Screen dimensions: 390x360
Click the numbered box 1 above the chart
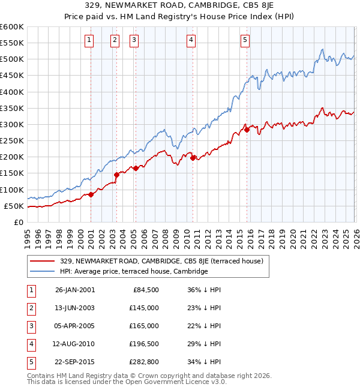pyautogui.click(x=89, y=40)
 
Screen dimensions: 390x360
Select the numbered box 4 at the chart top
pyautogui.click(x=191, y=40)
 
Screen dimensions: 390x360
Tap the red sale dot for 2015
pyautogui.click(x=247, y=130)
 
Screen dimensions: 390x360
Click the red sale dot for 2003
pyautogui.click(x=116, y=175)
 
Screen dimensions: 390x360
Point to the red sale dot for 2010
pyautogui.click(x=193, y=158)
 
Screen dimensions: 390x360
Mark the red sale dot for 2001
pyautogui.click(x=91, y=194)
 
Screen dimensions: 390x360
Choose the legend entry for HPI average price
pyautogui.click(x=133, y=272)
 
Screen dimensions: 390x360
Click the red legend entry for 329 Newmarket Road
pyautogui.click(x=161, y=261)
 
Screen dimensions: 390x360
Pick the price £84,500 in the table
pyautogui.click(x=144, y=290)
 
